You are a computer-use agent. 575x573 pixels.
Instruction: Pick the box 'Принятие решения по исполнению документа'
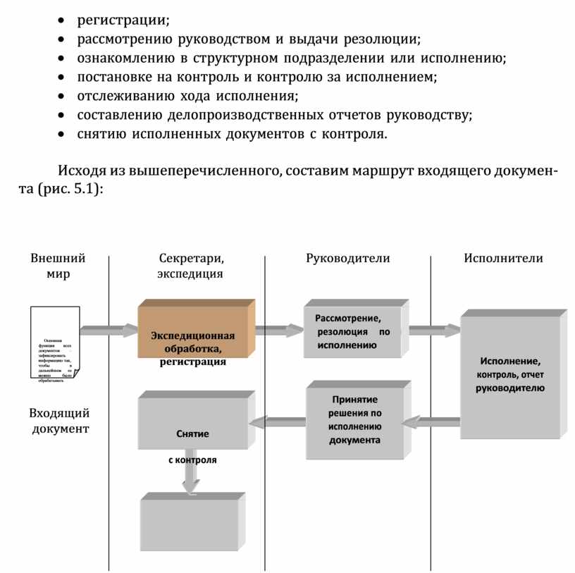point(357,421)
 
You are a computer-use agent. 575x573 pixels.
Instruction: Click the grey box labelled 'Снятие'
point(193,423)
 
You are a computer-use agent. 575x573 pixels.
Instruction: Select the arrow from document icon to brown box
point(109,329)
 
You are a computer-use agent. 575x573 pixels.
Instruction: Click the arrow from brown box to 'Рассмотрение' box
point(279,329)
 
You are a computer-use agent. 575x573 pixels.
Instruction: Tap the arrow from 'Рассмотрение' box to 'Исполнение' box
point(434,330)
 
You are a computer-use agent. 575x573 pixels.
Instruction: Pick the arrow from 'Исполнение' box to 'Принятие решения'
point(431,422)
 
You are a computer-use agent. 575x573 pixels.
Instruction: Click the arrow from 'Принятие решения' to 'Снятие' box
point(277,422)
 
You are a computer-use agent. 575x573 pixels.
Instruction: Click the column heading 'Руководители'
point(347,258)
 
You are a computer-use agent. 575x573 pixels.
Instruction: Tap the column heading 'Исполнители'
point(503,258)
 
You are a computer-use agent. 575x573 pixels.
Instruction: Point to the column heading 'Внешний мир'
point(58,266)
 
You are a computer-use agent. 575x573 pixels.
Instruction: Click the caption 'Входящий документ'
point(59,421)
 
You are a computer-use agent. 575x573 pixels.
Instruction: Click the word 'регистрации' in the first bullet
point(123,18)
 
